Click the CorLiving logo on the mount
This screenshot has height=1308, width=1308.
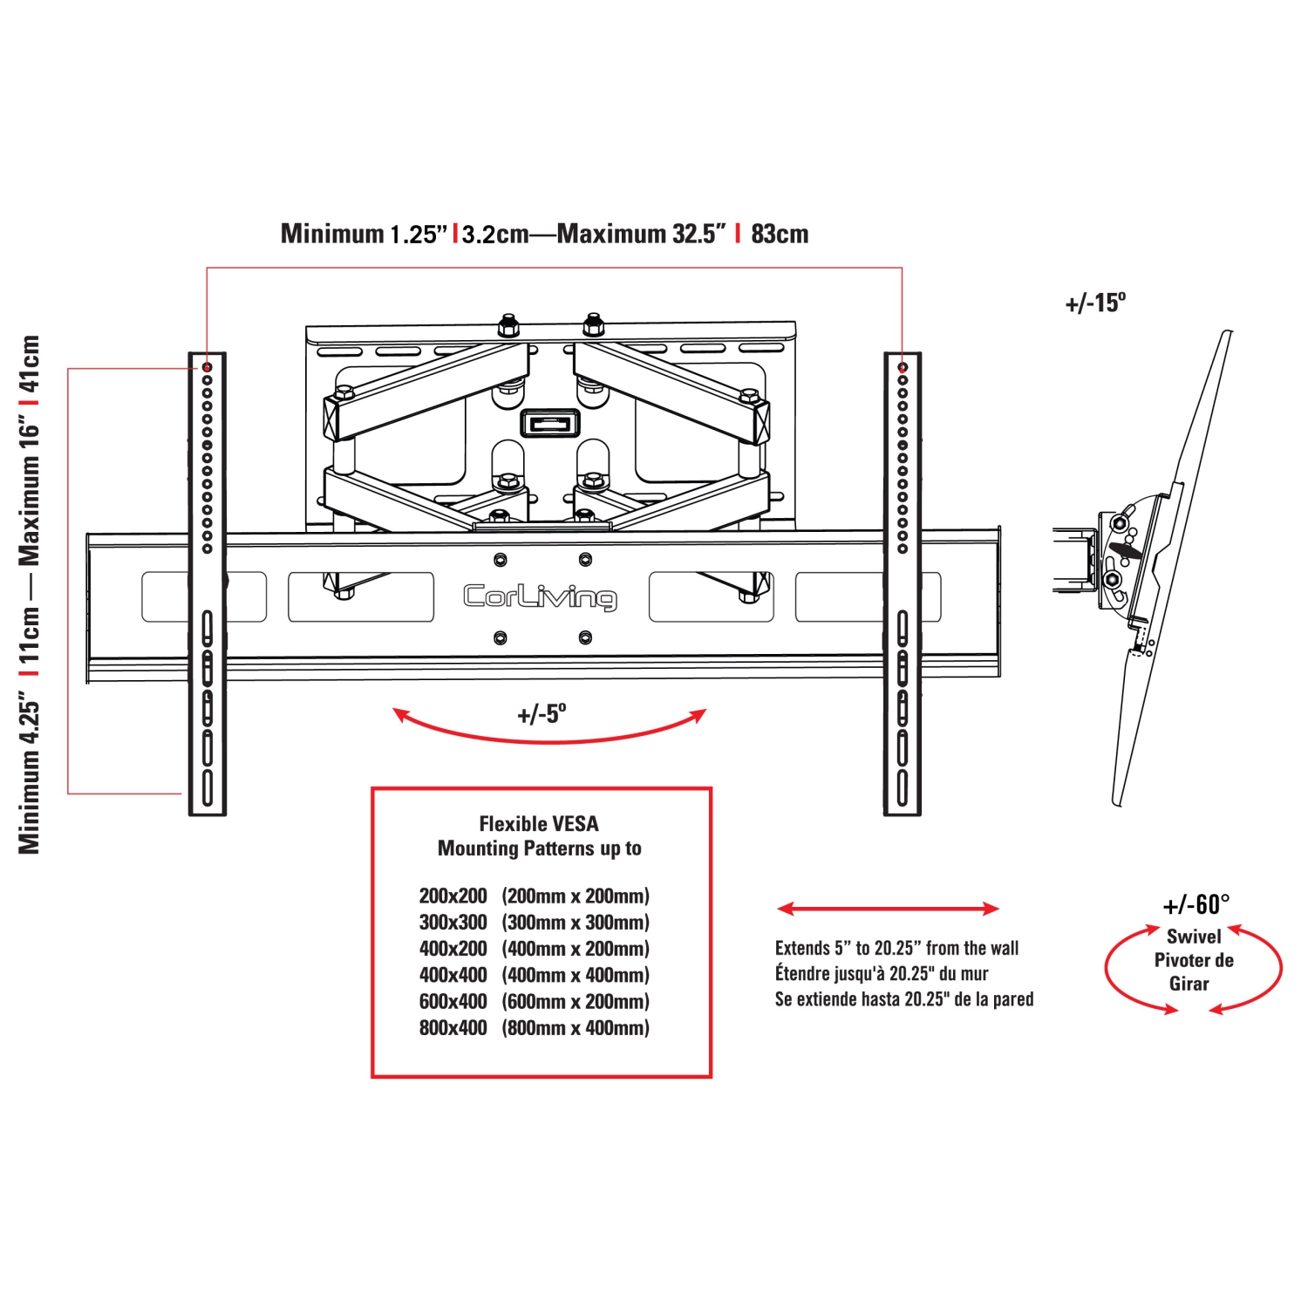[x=540, y=596]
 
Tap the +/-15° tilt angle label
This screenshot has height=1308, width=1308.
[x=1095, y=303]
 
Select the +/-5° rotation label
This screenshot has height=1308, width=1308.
[x=542, y=714]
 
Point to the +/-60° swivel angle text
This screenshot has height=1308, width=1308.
[x=1196, y=905]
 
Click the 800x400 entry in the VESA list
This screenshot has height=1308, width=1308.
[x=453, y=1028]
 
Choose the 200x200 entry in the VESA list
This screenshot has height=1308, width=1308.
[x=453, y=896]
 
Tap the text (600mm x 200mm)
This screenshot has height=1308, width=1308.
[x=576, y=1002]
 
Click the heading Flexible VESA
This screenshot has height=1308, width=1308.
[x=539, y=824]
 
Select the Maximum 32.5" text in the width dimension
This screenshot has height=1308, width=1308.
[x=641, y=234]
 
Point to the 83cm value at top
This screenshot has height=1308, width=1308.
[x=780, y=234]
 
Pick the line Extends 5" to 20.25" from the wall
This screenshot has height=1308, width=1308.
[x=896, y=949]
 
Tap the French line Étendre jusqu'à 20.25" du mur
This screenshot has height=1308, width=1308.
[x=882, y=974]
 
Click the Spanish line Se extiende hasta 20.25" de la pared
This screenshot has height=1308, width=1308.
[x=904, y=999]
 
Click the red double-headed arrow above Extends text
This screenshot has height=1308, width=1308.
[x=888, y=909]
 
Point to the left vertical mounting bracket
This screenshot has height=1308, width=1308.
[x=208, y=584]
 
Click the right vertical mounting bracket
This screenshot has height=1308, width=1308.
[x=903, y=584]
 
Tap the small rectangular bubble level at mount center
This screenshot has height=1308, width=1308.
[x=549, y=424]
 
